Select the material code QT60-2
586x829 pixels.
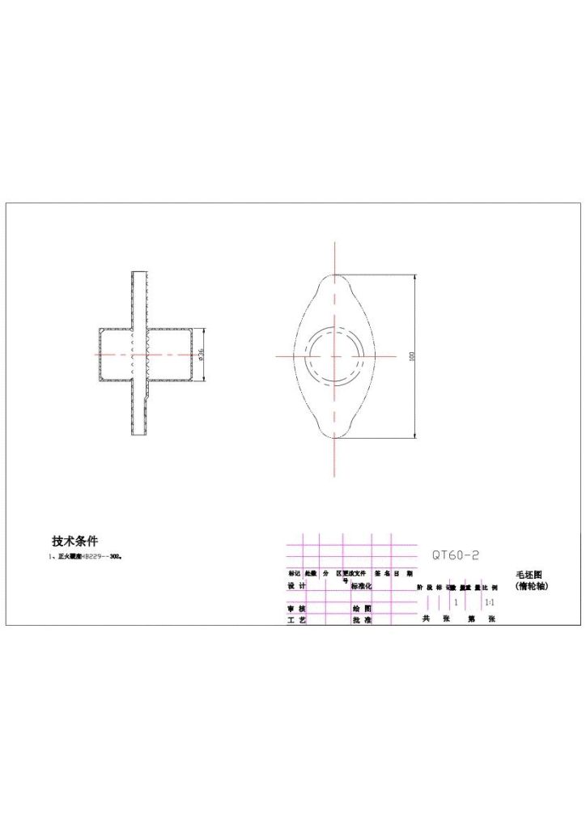pos(455,555)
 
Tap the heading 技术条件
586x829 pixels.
pos(74,541)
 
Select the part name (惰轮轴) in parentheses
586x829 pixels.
pos(532,585)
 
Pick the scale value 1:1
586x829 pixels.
pos(489,602)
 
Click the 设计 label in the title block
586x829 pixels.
pos(297,585)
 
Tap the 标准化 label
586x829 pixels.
pos(361,585)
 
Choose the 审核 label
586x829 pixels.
pos(297,608)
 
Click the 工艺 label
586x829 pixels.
pos(297,619)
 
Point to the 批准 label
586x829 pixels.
pos(361,619)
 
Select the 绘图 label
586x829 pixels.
pos(361,608)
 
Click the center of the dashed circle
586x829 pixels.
pos(334,355)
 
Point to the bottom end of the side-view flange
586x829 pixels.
pos(139,435)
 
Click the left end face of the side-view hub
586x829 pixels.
pos(100,355)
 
